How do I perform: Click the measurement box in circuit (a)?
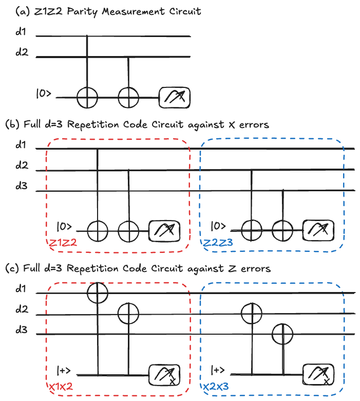point(175,96)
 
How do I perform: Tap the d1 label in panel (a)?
point(21,32)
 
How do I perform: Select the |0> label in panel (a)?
point(45,94)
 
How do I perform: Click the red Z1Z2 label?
point(63,243)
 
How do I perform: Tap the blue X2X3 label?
point(217,387)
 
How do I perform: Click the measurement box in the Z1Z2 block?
point(164,230)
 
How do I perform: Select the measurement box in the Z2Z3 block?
point(317,230)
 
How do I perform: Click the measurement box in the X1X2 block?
point(164,374)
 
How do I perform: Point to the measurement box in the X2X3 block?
point(317,374)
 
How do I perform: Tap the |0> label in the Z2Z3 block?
point(218,226)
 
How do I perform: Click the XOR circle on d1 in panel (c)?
point(98,293)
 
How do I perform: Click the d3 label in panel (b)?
point(21,187)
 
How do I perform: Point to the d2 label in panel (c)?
point(21,310)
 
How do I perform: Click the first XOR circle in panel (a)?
point(87,96)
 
